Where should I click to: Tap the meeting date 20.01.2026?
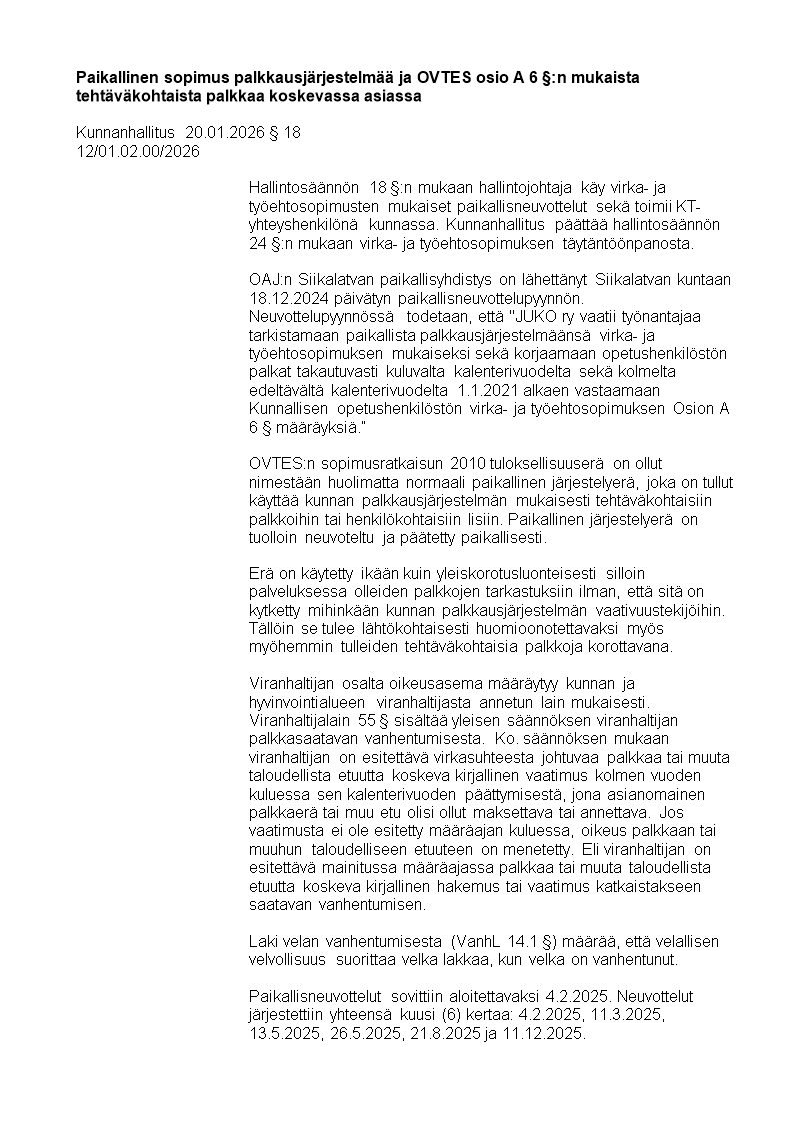pyautogui.click(x=224, y=133)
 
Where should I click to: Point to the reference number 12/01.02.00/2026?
pyautogui.click(x=138, y=151)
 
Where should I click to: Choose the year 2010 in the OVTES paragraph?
pyautogui.click(x=466, y=462)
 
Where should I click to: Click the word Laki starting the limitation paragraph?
pyautogui.click(x=264, y=941)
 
